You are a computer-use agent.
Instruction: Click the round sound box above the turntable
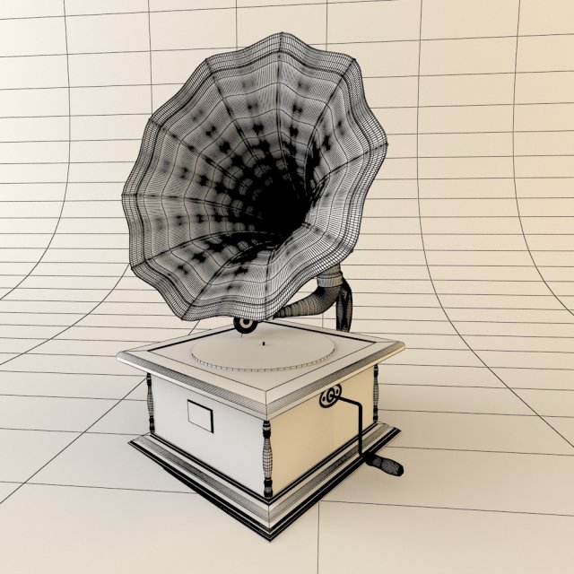point(244,323)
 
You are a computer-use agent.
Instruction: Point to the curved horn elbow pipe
point(309,300)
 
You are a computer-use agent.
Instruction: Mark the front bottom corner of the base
point(268,535)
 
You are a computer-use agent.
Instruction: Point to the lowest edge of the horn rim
point(193,316)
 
